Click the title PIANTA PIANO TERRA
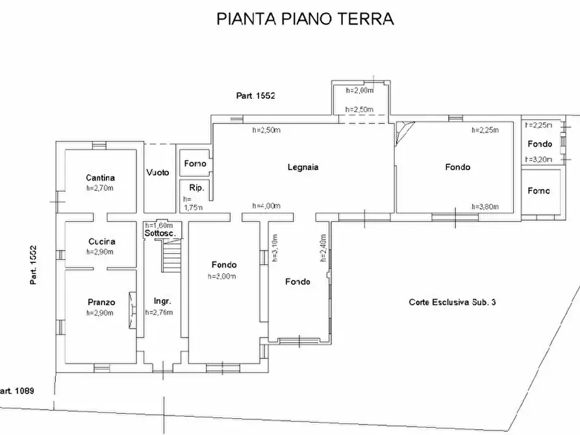coord(305,19)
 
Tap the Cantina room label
coord(100,178)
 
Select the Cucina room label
coord(101,242)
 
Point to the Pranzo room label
coord(101,302)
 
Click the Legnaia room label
coord(303,168)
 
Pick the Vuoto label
coord(158,173)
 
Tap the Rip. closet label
coord(196,188)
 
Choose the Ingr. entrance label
coord(162,301)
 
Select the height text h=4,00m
coord(266,206)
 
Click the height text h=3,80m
coord(484,207)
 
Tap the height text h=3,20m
coord(539,158)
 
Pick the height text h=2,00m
coord(359,91)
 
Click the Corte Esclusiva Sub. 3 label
coord(452,302)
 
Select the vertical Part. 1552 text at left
coord(32,265)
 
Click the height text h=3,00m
coord(223,276)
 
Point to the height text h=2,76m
coord(158,312)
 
